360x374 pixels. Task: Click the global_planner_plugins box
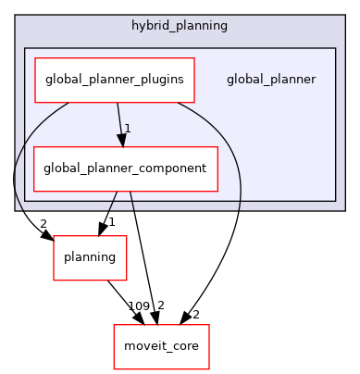pos(115,80)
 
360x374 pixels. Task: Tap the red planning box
pos(90,256)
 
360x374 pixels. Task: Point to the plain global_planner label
pos(271,80)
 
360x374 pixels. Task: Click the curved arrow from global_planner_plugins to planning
pos(17,176)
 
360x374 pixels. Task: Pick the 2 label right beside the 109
pos(160,306)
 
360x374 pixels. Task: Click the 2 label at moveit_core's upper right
pos(195,316)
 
